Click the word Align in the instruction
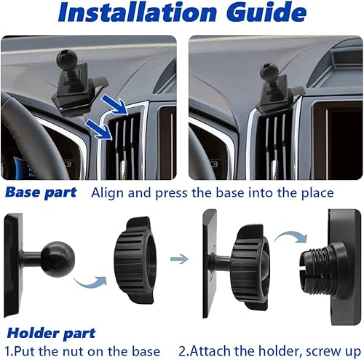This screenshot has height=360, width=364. pyautogui.click(x=108, y=193)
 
